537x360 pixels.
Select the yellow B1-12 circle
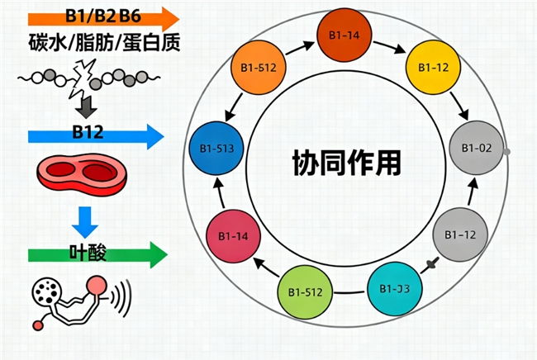click(x=434, y=65)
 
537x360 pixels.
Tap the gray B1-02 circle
click(x=475, y=149)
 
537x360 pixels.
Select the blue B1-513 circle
click(x=216, y=148)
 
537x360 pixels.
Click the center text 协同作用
click(x=347, y=161)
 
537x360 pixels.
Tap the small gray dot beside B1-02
click(x=506, y=151)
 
